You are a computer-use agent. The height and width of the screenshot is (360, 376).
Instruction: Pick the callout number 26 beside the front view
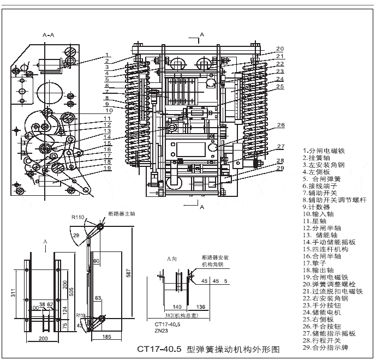click(x=280, y=125)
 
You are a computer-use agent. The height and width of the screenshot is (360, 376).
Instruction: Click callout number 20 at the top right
click(x=279, y=48)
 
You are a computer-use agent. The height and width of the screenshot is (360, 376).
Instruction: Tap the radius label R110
click(x=79, y=217)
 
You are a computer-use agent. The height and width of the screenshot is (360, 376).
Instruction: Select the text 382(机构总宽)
click(x=170, y=316)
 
